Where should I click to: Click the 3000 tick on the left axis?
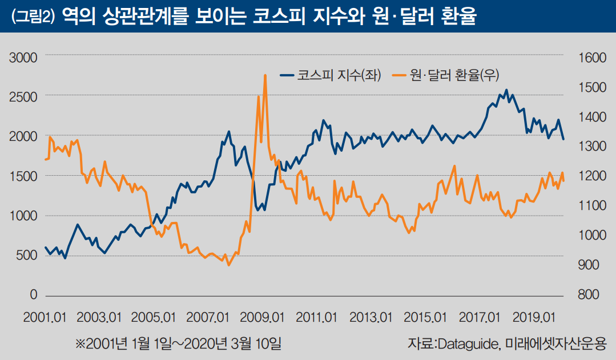click(x=24, y=57)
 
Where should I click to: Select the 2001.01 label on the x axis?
click(x=45, y=317)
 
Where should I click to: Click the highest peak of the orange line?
click(x=265, y=75)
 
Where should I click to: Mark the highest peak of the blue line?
click(x=506, y=90)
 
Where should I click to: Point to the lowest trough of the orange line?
click(x=229, y=265)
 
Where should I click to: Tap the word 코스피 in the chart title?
click(x=272, y=17)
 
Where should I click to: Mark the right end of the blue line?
click(x=563, y=139)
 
